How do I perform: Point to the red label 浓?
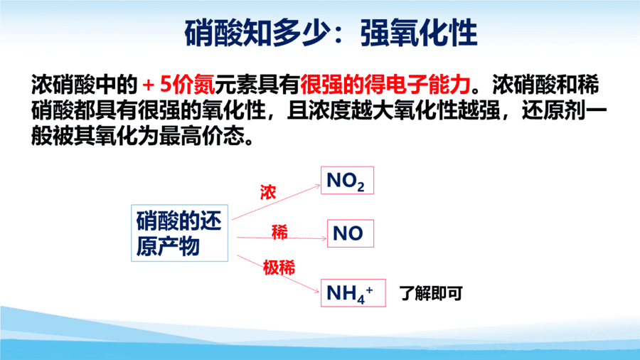268,192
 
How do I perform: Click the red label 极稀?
279,268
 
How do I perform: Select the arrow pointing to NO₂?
277,202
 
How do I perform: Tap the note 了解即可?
431,293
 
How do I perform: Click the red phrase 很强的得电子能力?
385,85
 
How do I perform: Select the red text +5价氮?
178,85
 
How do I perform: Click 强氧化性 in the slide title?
419,33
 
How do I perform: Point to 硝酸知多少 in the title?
257,33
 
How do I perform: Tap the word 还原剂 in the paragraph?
553,110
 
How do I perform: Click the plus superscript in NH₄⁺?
369,290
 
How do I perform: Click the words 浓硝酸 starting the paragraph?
63,85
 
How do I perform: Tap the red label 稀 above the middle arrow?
279,232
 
